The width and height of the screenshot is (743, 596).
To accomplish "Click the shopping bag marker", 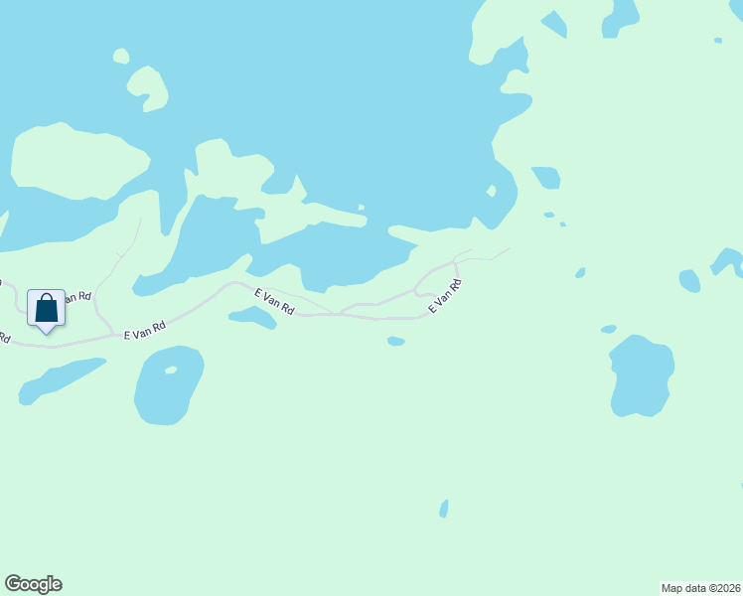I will (x=46, y=309).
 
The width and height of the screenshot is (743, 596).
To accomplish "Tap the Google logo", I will (x=34, y=584).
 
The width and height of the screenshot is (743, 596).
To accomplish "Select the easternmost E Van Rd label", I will (x=445, y=297).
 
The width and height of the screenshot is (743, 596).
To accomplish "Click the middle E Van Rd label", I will (x=274, y=302).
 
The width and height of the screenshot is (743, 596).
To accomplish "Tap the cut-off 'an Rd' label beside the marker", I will (x=77, y=297).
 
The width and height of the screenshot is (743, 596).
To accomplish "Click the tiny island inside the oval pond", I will (x=171, y=371).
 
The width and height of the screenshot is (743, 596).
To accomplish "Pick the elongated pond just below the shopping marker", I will (x=62, y=379).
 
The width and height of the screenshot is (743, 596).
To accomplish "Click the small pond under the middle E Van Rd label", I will (x=252, y=317).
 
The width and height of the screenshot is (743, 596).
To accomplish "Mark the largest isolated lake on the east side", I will (x=641, y=376).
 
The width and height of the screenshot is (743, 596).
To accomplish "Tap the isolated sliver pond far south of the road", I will (x=444, y=509).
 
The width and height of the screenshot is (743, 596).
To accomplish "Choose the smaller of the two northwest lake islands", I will (x=121, y=56).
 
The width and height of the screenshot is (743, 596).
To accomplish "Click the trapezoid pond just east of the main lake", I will (x=546, y=178).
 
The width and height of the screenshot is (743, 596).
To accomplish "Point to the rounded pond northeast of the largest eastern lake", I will (x=689, y=281).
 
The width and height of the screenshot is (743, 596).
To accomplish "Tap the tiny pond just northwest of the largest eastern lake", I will (x=609, y=329).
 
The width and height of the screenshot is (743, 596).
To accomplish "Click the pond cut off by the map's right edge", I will (x=729, y=262).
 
